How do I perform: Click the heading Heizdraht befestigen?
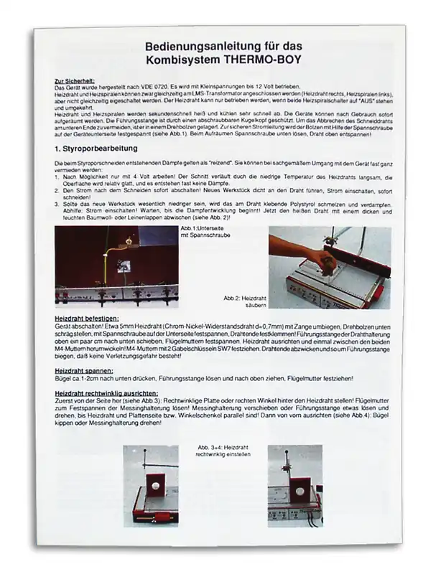[x=87, y=317]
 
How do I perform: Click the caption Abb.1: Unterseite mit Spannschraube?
[x=203, y=231]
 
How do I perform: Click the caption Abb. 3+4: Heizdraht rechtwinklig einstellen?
[x=218, y=450]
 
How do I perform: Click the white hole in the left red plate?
[x=154, y=488]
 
